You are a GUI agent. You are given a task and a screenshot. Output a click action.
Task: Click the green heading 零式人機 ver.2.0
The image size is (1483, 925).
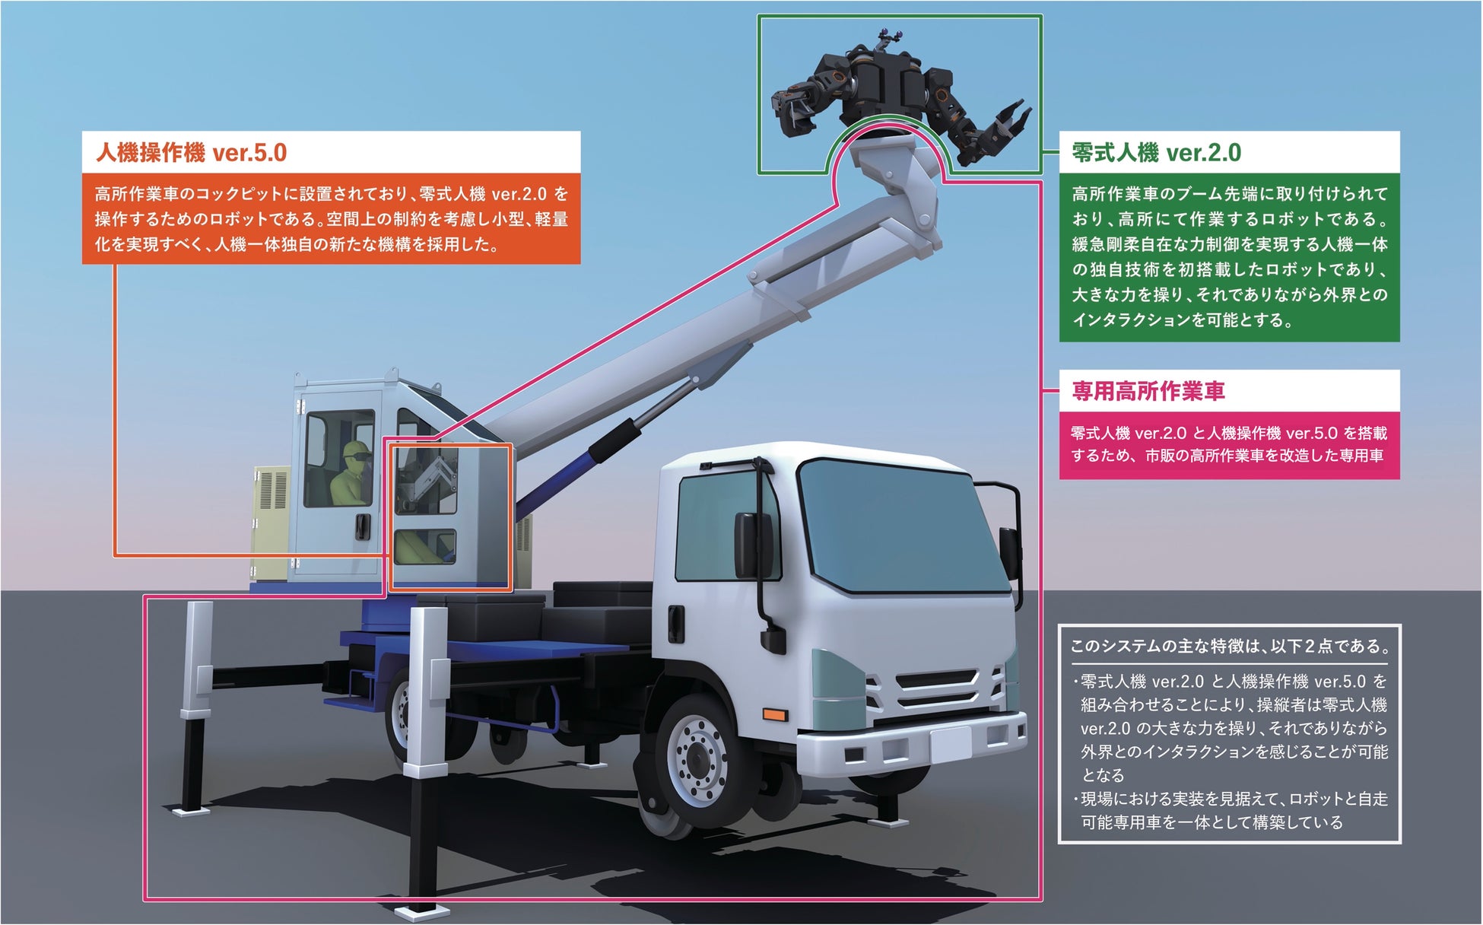(1156, 153)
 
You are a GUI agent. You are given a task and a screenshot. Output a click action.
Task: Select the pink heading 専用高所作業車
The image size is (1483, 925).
(1148, 392)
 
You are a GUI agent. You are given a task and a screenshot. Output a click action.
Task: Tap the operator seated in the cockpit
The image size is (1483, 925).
(351, 476)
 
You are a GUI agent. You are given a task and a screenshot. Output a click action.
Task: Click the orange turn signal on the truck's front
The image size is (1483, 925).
(773, 715)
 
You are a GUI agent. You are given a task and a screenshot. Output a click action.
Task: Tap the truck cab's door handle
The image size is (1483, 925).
(674, 622)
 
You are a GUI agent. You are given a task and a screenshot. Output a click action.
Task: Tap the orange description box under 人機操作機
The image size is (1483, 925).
(331, 219)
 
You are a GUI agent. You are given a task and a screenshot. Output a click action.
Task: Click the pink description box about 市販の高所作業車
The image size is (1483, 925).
(1228, 445)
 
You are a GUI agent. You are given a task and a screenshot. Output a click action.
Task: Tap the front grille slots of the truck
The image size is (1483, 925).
(938, 688)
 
